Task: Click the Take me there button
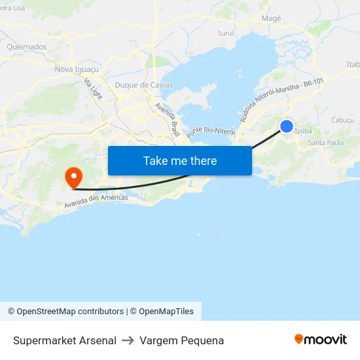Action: pyautogui.click(x=179, y=160)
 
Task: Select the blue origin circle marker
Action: pyautogui.click(x=287, y=126)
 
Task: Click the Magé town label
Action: pyautogui.click(x=271, y=18)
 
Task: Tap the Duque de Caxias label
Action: pyautogui.click(x=143, y=85)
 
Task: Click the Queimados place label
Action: pyautogui.click(x=26, y=46)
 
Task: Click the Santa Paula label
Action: pyautogui.click(x=325, y=142)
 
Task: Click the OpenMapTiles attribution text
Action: pyautogui.click(x=166, y=312)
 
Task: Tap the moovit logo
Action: pyautogui.click(x=320, y=339)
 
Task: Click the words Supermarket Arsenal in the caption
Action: pyautogui.click(x=65, y=340)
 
